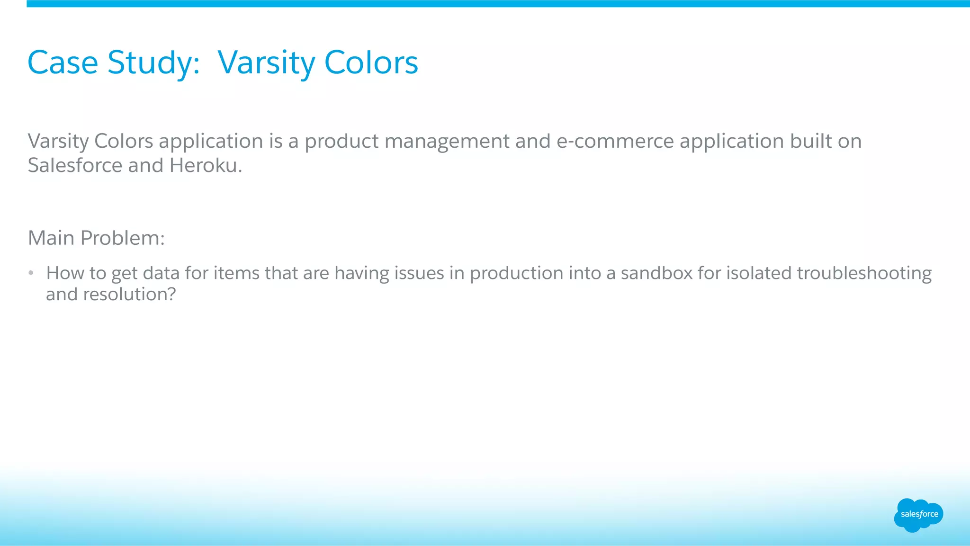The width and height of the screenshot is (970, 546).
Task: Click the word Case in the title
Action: pyautogui.click(x=63, y=63)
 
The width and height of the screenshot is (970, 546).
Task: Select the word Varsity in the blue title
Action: pyautogui.click(x=265, y=63)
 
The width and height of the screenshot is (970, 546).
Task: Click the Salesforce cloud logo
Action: pyautogui.click(x=918, y=515)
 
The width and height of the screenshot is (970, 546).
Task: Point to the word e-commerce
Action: pyautogui.click(x=615, y=141)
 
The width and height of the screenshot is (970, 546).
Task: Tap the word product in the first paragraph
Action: pyautogui.click(x=341, y=141)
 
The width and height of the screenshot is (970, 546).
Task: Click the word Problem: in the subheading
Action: pyautogui.click(x=122, y=238)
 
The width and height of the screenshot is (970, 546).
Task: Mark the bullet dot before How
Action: pyautogui.click(x=31, y=273)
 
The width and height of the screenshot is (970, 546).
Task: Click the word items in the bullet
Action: pyautogui.click(x=236, y=273)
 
